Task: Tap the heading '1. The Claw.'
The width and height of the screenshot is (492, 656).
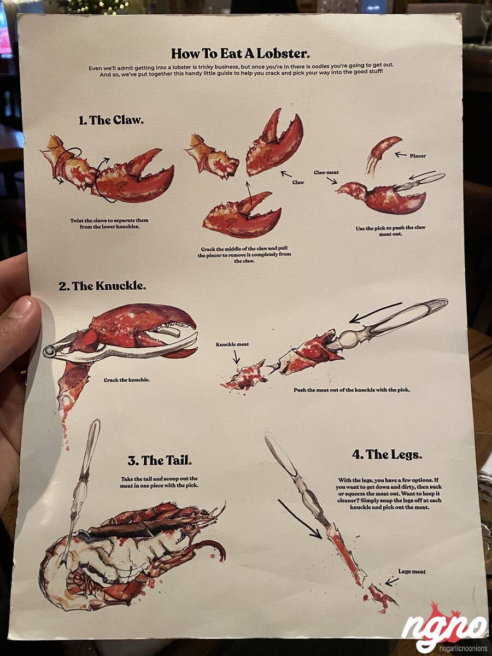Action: coord(111,120)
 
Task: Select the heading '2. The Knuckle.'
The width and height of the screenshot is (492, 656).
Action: coord(102,286)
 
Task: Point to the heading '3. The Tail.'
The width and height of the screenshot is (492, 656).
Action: coord(160,460)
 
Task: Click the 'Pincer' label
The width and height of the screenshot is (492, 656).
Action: coord(418,156)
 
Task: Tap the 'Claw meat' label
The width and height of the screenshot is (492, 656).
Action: coord(326,172)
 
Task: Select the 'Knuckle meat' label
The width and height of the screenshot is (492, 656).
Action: coord(232,344)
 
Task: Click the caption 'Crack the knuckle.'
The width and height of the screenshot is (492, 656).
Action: coord(127,380)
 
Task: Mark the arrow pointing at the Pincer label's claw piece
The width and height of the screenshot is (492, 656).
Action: coord(401,155)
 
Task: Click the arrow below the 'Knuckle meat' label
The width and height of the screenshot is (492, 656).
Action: coord(236,356)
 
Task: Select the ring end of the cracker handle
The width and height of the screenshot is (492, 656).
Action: coord(49,351)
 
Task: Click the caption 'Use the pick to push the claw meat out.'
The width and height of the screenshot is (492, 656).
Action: coord(390,231)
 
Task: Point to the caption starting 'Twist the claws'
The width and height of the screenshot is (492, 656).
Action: coord(109,223)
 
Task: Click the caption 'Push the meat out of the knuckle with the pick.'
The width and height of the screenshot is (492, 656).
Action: coord(352,390)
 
